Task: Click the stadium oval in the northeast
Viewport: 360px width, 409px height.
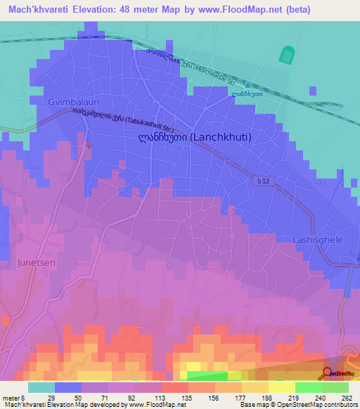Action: tap(287, 55)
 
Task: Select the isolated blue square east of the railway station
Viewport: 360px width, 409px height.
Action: tap(312, 90)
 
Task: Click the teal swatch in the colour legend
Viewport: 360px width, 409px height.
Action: tap(41, 387)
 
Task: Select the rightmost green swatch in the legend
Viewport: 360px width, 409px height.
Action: tap(335, 387)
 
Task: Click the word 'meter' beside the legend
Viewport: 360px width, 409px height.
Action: tap(11, 397)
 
